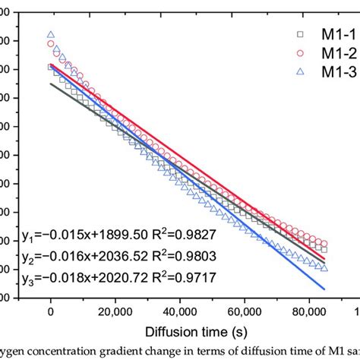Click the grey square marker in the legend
coord(300,36)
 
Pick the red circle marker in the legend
coord(300,54)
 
